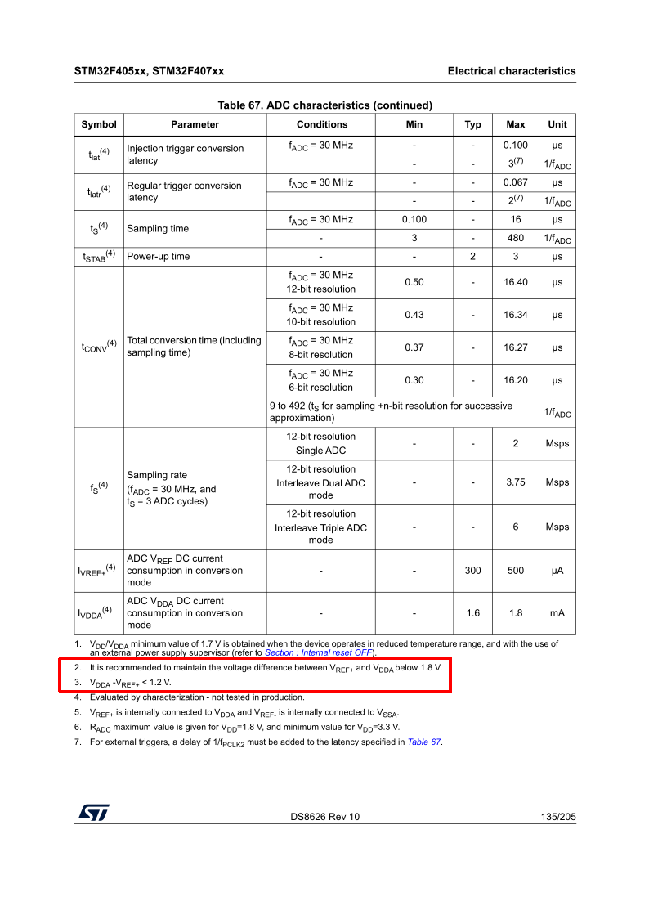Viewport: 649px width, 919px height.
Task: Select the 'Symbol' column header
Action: click(98, 124)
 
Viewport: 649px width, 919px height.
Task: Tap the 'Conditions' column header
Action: click(321, 124)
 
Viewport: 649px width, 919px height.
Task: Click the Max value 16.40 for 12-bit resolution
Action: click(515, 282)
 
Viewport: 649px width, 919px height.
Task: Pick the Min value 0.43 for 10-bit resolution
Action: click(414, 315)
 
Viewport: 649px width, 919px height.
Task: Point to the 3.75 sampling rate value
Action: click(515, 482)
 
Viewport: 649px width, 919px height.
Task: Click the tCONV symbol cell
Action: click(98, 346)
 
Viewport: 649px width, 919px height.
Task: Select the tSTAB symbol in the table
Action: click(98, 256)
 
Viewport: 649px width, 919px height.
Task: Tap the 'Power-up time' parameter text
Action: click(159, 256)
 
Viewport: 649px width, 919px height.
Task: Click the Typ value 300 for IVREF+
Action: click(472, 571)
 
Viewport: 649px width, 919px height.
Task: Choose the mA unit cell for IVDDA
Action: click(557, 613)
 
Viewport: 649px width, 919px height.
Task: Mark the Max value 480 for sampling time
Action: click(515, 238)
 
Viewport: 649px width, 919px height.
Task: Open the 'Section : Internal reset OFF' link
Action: click(319, 653)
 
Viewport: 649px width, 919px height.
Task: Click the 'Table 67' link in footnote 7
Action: click(424, 742)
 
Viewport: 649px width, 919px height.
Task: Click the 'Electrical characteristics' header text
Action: click(511, 71)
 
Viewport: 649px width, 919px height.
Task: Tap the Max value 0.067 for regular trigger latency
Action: click(515, 182)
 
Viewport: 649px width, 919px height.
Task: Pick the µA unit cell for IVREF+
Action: click(557, 571)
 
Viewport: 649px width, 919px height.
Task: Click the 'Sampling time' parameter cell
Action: click(158, 229)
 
